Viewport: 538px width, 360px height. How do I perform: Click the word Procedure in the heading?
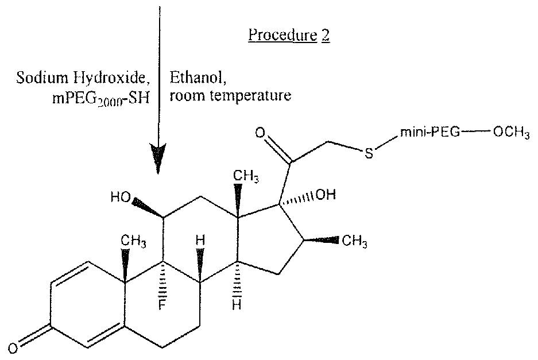[x=282, y=35]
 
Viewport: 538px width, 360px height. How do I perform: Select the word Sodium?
[x=42, y=78]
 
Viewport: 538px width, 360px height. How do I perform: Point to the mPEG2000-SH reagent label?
[x=101, y=99]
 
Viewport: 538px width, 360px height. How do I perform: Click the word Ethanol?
[x=198, y=78]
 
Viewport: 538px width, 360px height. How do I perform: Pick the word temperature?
[x=250, y=96]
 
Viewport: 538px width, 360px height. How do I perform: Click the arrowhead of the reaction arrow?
[x=158, y=158]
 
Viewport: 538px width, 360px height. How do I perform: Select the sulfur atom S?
[x=369, y=153]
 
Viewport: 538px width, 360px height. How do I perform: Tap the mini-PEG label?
[x=429, y=133]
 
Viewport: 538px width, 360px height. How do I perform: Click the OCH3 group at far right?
[x=511, y=133]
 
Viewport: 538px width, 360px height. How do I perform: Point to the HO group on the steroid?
[x=121, y=197]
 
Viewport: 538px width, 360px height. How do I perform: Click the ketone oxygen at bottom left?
[x=13, y=349]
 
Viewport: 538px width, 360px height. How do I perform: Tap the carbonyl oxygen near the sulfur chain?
[x=260, y=132]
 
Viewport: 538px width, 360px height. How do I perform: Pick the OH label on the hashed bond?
[x=326, y=195]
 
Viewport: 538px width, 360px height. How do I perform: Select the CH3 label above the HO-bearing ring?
[x=246, y=176]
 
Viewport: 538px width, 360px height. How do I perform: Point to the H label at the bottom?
[x=237, y=304]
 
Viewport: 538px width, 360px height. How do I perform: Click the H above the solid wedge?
[x=200, y=240]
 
